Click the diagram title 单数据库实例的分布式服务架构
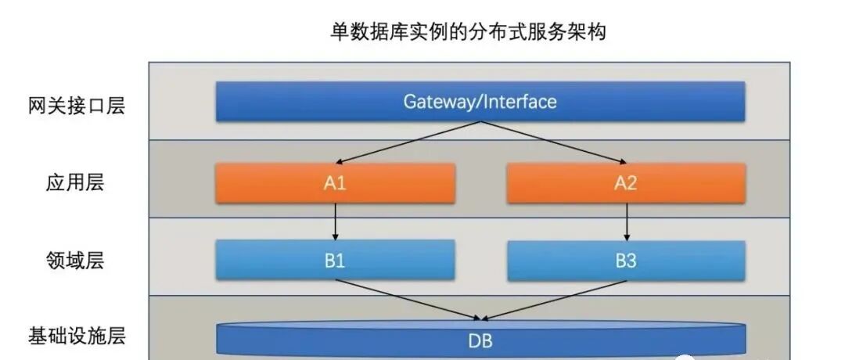(468, 32)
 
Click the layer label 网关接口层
(76, 106)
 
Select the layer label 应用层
(76, 183)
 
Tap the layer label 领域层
(76, 260)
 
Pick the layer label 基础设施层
(76, 337)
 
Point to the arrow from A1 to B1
(336, 221)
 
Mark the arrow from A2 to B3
(627, 221)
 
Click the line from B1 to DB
(407, 300)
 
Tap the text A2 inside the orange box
(626, 183)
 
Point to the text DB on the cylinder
(480, 341)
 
